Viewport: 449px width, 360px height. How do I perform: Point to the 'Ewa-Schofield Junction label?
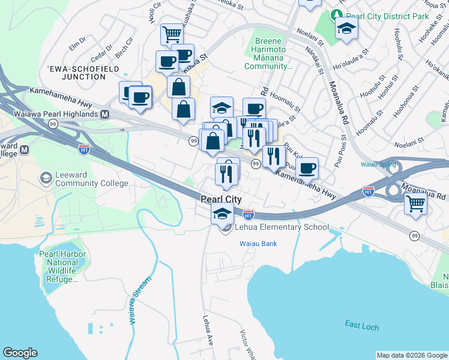tap(76, 73)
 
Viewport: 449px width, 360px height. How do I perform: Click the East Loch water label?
tap(361, 325)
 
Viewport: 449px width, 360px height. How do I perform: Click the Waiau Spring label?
tap(377, 164)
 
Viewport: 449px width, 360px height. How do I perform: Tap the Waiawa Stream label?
tap(139, 301)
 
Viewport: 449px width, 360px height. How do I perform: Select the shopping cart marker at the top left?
tap(172, 34)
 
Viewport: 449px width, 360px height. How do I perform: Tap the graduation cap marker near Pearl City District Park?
tap(346, 28)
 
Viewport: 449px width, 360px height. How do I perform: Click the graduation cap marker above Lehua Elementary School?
tap(222, 213)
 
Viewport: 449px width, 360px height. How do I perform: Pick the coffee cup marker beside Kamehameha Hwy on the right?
tap(307, 168)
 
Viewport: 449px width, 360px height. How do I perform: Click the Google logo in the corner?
tap(20, 353)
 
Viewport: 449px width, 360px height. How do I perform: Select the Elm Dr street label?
tap(78, 43)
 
